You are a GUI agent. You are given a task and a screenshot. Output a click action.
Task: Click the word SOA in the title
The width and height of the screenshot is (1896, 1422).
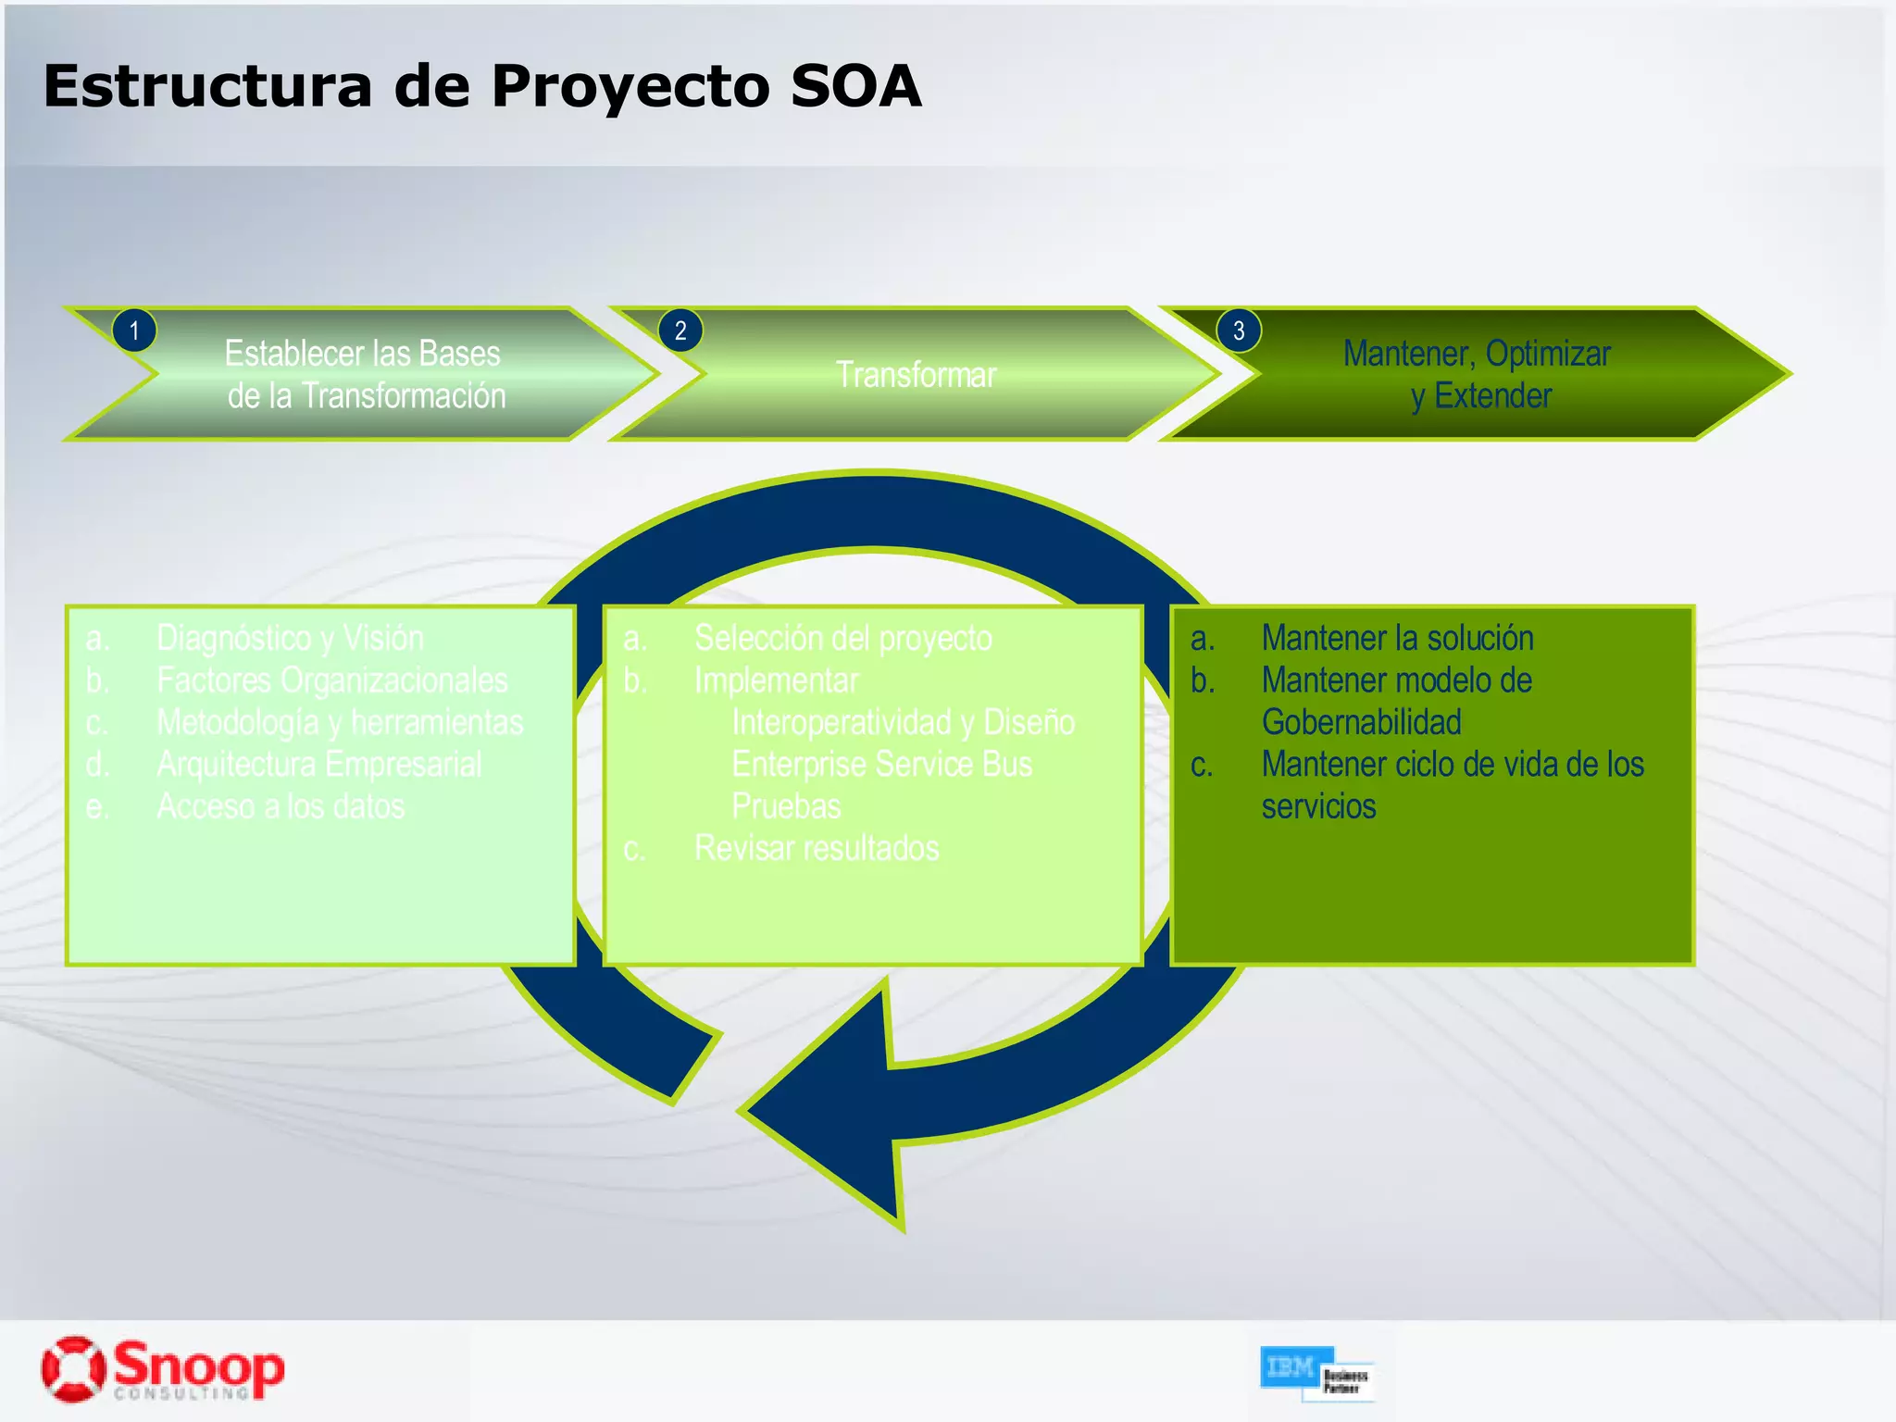pos(855,87)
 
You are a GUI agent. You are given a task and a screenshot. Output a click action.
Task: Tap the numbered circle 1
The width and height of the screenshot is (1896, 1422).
pos(134,331)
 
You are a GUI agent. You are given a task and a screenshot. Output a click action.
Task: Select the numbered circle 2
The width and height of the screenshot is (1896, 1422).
pos(680,331)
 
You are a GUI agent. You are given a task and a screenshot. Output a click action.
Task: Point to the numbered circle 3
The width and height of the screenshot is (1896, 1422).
pos(1239,331)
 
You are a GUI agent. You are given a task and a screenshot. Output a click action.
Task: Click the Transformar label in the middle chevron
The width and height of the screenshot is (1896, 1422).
pos(916,375)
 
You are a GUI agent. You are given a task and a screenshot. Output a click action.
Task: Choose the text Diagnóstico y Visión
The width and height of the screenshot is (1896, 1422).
pos(290,638)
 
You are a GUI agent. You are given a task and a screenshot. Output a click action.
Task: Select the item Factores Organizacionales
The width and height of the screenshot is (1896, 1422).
pos(331,680)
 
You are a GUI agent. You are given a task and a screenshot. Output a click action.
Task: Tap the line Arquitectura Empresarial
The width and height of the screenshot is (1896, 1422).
pos(318,765)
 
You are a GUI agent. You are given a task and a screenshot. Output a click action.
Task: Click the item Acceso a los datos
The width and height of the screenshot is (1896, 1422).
pos(281,806)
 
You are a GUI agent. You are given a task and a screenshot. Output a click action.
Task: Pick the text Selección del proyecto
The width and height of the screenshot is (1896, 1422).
pos(842,638)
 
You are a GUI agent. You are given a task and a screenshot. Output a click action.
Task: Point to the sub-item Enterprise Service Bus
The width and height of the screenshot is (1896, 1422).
pos(881,765)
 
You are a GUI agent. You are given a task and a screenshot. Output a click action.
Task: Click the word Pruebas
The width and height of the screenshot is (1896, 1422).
pos(786,806)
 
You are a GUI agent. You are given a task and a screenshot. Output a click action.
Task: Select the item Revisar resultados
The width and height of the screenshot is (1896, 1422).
pos(817,848)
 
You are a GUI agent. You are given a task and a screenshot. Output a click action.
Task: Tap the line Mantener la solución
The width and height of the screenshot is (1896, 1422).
pos(1397,638)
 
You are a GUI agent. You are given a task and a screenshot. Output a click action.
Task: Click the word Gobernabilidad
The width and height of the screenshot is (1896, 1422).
pos(1361,722)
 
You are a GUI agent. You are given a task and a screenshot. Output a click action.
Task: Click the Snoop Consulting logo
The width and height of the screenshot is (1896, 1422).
pos(163,1368)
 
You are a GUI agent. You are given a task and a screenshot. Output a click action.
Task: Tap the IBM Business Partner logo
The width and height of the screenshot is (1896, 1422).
pos(1316,1373)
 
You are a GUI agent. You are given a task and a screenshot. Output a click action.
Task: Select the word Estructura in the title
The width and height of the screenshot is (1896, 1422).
pos(207,87)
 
